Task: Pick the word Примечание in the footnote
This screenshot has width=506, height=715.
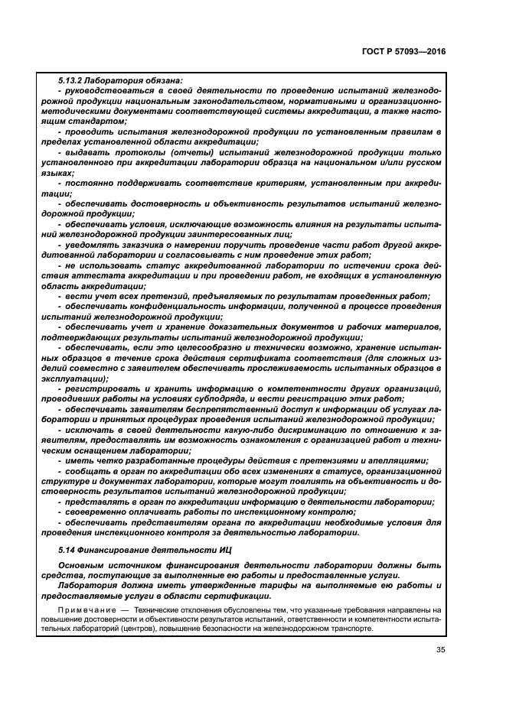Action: click(88, 609)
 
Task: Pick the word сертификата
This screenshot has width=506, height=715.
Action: click(271, 357)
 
